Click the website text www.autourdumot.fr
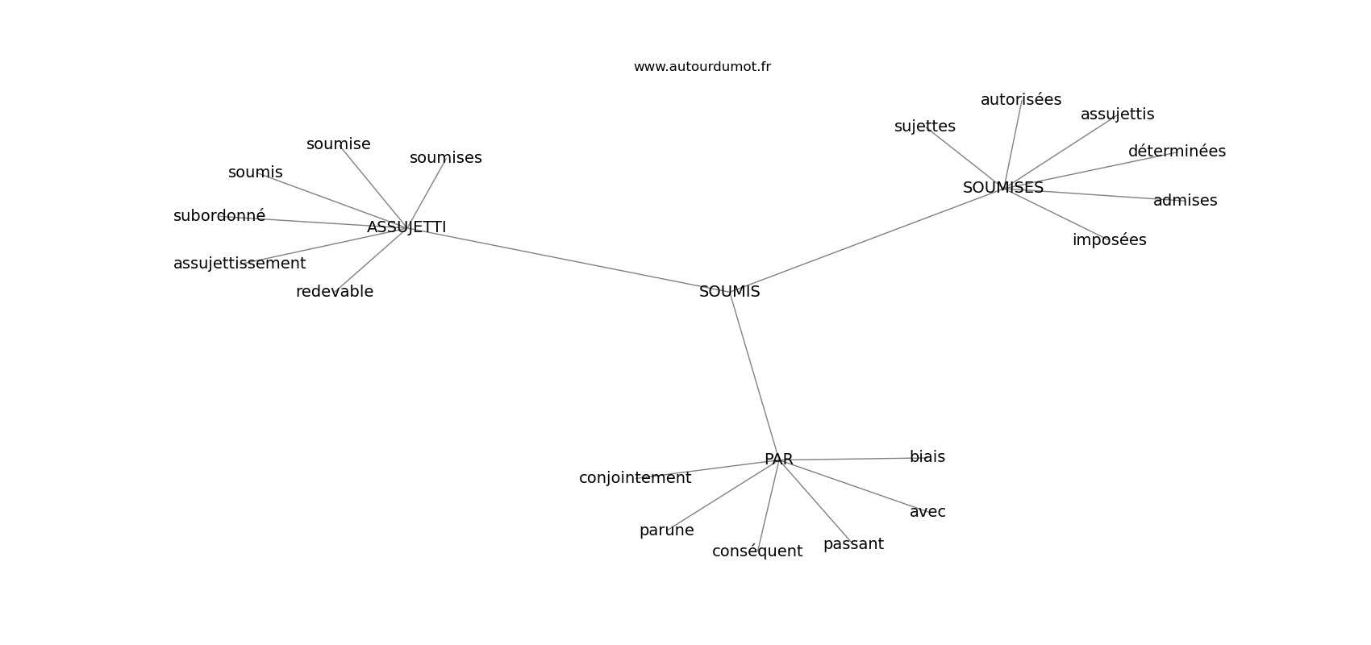coord(702,67)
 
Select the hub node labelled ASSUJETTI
coord(406,227)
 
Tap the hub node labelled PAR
coord(778,459)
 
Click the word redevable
coord(334,291)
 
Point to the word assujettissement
coord(240,264)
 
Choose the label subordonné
coord(219,215)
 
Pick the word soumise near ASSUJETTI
coord(339,144)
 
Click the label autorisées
coord(1021,99)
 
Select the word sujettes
coord(925,127)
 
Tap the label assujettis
coord(1117,114)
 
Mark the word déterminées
coord(1177,151)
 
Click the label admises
coord(1185,200)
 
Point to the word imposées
coord(1109,240)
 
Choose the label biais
coord(927,456)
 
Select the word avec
coord(927,512)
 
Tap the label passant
coord(853,544)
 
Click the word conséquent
coord(757,551)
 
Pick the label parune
coord(666,531)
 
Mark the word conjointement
coord(635,478)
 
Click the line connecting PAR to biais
coord(852,459)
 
